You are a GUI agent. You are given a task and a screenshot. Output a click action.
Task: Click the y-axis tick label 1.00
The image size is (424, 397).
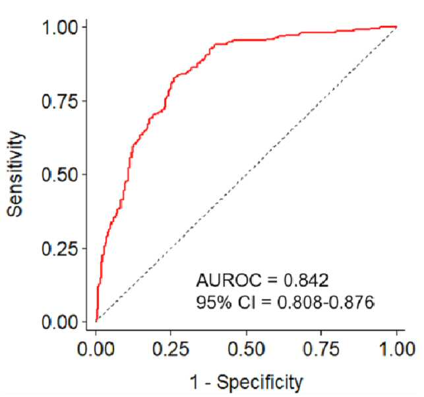[x=60, y=28]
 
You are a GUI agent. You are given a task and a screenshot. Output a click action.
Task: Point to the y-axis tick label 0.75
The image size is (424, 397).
[x=60, y=102]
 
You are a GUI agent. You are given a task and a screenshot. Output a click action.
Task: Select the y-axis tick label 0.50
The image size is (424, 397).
[x=60, y=175]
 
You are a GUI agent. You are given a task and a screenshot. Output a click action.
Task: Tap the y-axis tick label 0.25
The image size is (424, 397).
[x=60, y=249]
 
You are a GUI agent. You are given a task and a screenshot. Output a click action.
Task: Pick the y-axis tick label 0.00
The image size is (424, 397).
[x=60, y=322]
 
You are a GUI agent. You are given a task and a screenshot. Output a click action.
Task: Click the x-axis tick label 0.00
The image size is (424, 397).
[x=96, y=349]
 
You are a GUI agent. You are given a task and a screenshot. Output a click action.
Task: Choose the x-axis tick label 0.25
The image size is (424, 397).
[x=171, y=349]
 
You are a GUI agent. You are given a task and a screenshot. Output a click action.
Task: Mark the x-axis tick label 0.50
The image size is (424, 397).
[x=246, y=349]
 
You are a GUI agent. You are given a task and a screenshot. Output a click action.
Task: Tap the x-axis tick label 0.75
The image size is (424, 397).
[x=321, y=349]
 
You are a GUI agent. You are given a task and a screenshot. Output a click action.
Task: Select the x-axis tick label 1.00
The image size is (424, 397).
[x=397, y=349]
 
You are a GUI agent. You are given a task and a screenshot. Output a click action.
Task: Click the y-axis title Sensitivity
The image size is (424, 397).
[x=15, y=174]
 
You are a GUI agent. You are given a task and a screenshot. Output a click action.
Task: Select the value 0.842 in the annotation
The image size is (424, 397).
[x=306, y=280]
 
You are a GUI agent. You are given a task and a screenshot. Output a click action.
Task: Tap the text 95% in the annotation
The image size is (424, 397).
[x=214, y=303]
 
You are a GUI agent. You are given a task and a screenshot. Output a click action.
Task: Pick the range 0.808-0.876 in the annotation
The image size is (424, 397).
[x=326, y=303]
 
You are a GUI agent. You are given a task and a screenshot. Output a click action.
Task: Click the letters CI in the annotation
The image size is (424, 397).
[x=247, y=303]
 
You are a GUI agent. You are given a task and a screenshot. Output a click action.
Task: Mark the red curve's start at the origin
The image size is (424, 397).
[x=96, y=322]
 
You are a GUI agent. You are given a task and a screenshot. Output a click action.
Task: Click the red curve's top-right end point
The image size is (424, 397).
[x=396, y=27]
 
